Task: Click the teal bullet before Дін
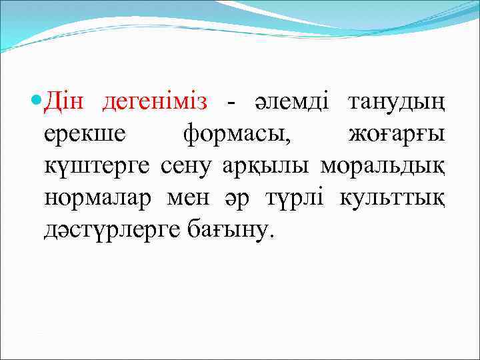tap(37, 101)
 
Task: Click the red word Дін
tap(67, 102)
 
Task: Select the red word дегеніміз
tap(155, 102)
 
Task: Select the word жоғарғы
tap(397, 135)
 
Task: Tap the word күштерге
tap(99, 167)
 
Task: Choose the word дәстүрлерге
tap(111, 231)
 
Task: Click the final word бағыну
tap(227, 231)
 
